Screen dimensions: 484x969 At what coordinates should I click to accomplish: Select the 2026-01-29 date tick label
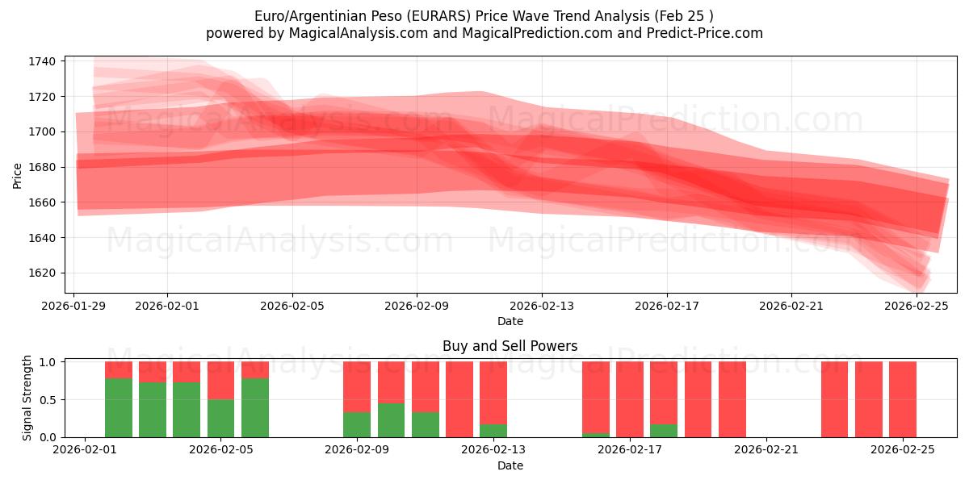pos(74,306)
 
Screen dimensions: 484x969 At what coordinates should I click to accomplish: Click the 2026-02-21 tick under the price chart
pos(791,306)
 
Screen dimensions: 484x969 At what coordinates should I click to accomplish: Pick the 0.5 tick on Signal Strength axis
pos(47,399)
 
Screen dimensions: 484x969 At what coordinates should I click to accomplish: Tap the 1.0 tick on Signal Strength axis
pos(47,362)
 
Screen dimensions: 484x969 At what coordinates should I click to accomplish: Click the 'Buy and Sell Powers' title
pos(510,346)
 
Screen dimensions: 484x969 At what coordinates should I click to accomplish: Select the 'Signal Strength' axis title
pos(27,398)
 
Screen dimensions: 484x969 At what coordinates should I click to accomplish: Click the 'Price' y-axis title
pos(18,175)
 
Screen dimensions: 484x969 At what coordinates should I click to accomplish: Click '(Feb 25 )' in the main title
pos(684,16)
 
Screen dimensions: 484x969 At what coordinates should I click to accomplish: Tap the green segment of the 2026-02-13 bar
pos(493,431)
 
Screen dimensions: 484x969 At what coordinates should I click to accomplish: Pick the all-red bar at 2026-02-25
pos(903,399)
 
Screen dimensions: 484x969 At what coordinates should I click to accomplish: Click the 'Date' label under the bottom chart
pos(510,465)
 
